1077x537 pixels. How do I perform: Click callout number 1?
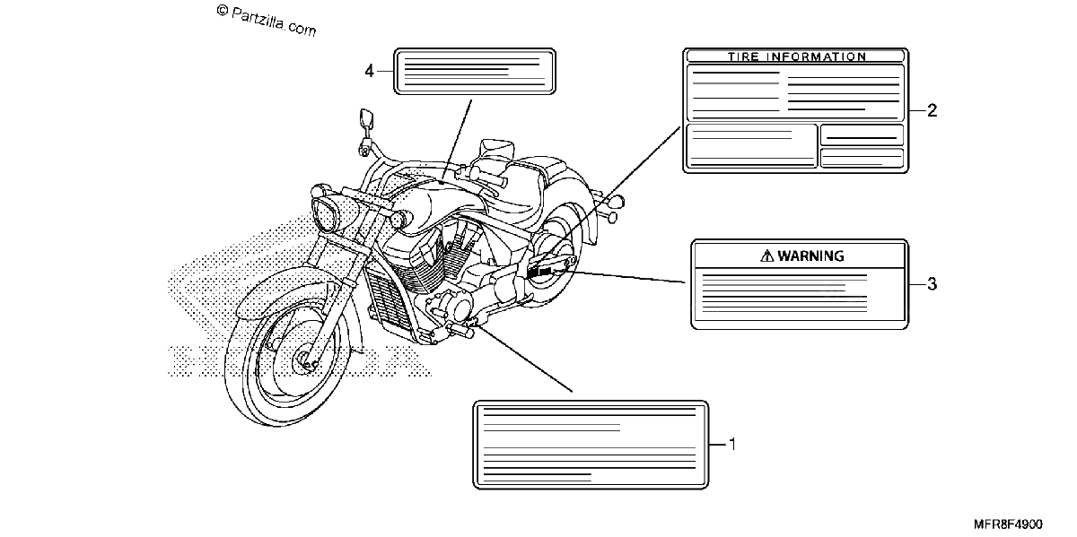point(732,445)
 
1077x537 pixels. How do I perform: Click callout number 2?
point(932,110)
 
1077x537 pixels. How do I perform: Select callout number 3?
point(932,284)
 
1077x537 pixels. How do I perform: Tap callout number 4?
point(369,71)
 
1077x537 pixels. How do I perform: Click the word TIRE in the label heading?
point(743,56)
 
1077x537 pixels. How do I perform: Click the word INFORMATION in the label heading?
point(817,56)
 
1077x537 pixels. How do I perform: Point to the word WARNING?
point(810,256)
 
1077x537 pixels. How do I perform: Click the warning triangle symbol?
point(766,256)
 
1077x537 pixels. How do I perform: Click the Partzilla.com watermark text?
point(266,21)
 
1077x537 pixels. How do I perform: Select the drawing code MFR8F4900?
point(1008,524)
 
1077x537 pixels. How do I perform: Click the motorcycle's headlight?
point(326,214)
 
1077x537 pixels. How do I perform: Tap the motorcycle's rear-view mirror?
point(367,118)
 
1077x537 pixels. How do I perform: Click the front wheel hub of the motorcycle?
point(304,359)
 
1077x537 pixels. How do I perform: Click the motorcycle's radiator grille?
point(386,297)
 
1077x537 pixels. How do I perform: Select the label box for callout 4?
point(475,71)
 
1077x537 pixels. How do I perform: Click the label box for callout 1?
point(591,445)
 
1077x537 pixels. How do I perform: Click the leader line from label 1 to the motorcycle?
point(524,359)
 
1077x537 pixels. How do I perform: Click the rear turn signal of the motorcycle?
point(617,202)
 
